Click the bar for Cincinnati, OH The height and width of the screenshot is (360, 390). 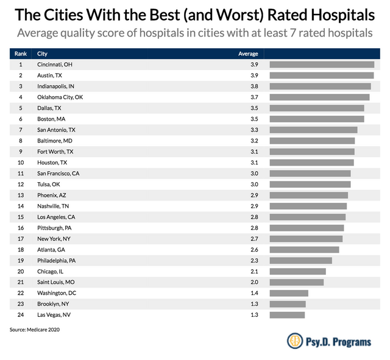tap(322, 65)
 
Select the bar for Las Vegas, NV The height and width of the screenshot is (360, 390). tap(287, 315)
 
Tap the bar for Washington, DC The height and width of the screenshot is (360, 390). tap(289, 293)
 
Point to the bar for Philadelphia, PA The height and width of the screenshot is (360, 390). tap(301, 261)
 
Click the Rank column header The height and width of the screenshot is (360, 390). tap(21, 54)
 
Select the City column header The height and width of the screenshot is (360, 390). tap(42, 54)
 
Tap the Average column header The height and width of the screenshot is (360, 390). tap(248, 54)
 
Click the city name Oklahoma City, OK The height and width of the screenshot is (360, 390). tap(60, 97)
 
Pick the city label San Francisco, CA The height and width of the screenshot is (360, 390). tap(58, 174)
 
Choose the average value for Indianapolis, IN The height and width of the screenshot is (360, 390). tap(254, 86)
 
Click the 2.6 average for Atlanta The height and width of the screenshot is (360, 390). tap(254, 250)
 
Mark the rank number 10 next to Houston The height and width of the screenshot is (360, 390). tap(21, 163)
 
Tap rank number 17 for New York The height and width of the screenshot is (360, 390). tap(21, 239)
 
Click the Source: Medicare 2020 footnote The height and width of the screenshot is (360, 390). tap(35, 330)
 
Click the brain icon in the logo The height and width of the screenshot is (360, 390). tap(295, 341)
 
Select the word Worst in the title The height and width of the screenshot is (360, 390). tap(238, 15)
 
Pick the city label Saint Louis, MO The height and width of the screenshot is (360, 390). tap(55, 282)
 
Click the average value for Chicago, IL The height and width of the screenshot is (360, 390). tap(254, 272)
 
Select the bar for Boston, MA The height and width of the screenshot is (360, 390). tap(317, 119)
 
